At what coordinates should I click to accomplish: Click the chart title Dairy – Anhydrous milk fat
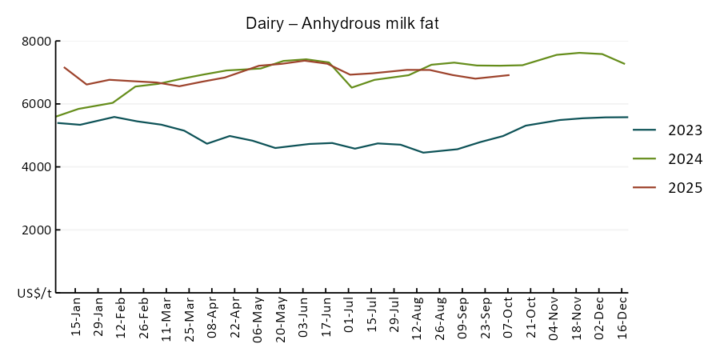tap(342, 24)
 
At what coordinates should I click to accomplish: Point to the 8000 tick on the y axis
tap(35, 42)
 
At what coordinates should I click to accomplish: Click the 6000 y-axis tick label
tap(35, 104)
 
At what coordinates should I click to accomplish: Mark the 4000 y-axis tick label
tap(35, 167)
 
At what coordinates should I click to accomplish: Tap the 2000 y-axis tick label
tap(35, 230)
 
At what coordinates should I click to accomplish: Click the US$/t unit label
tap(34, 294)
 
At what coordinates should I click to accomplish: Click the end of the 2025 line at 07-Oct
tap(509, 75)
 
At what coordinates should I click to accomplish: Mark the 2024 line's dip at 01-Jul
tap(352, 87)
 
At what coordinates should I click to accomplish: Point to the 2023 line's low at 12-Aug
tap(423, 152)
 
